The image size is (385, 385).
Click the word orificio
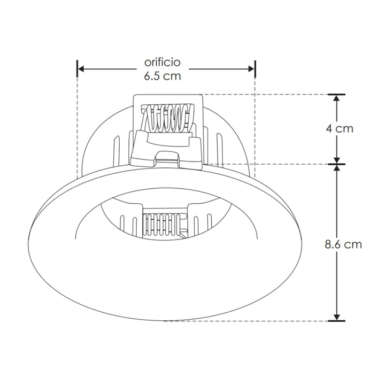[166, 62]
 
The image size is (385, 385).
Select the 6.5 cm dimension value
[166, 76]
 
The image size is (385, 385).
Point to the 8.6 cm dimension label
[343, 244]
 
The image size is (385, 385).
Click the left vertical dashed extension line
[78, 128]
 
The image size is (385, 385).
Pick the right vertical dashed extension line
[255, 128]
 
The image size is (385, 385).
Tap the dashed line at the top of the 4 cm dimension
[267, 95]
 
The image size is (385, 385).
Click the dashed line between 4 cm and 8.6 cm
[267, 164]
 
